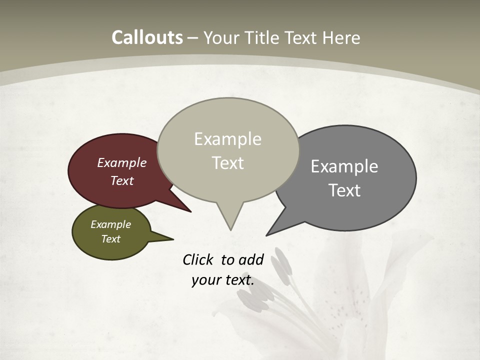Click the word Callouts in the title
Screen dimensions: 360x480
tap(147, 37)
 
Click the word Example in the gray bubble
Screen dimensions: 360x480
tap(344, 166)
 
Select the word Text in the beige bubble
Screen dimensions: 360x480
tap(228, 163)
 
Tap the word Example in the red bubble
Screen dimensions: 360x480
tap(122, 163)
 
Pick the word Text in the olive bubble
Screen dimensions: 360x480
tap(111, 239)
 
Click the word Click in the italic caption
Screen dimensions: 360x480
tap(197, 259)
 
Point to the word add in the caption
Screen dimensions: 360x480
tap(251, 259)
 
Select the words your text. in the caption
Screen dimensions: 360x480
tap(223, 280)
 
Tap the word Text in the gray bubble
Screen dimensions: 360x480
tap(345, 190)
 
